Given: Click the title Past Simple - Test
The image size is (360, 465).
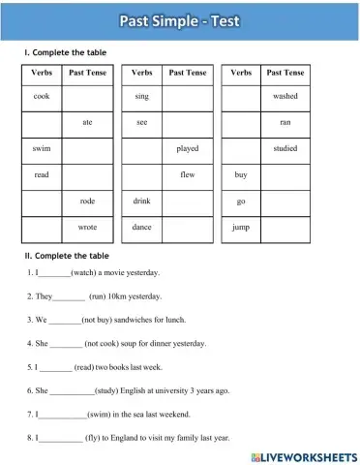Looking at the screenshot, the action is click(180, 19).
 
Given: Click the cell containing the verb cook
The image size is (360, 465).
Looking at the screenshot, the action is click(41, 97).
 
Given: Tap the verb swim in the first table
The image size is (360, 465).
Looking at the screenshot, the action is click(41, 149).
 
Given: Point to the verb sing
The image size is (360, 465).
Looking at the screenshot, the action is click(142, 97).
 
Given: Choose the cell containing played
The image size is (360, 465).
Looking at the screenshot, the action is click(188, 149).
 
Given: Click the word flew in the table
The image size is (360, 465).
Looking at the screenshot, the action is click(188, 175).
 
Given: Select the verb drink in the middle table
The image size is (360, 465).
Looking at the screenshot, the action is click(142, 201).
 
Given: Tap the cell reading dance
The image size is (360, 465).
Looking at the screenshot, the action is click(142, 227).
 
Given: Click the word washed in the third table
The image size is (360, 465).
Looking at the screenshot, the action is click(285, 97).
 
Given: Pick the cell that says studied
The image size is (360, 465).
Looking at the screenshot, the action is click(285, 149).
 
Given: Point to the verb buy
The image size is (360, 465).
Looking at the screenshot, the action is click(241, 175).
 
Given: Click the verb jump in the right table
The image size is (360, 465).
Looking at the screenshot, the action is click(241, 227).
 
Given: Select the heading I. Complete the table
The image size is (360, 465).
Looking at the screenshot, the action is click(66, 52).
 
